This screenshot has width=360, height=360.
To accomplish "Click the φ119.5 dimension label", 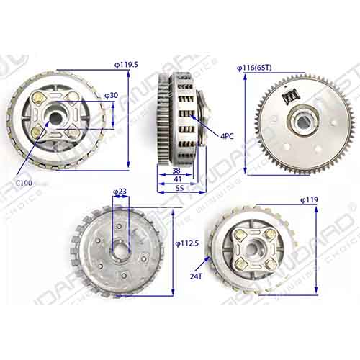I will [x=127, y=65].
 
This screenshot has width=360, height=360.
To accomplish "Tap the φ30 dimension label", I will [x=112, y=95].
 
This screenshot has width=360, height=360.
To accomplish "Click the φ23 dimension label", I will [x=120, y=192].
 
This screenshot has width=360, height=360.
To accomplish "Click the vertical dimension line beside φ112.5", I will [x=174, y=245].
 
